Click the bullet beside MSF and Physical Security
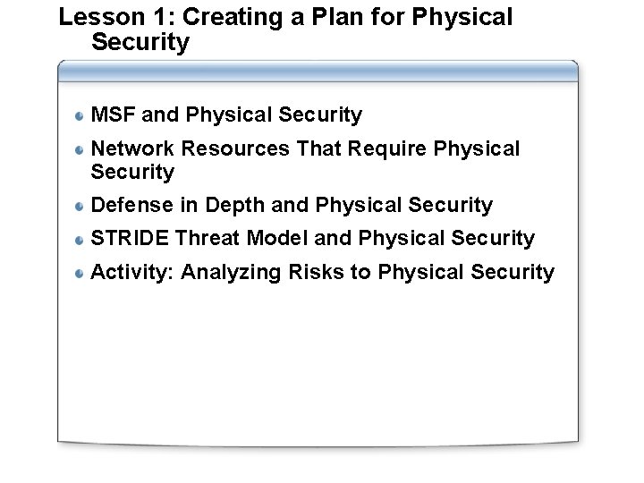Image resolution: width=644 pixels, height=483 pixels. click(80, 115)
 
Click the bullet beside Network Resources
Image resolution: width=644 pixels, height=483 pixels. click(80, 149)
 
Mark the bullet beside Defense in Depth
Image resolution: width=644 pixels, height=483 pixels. click(80, 207)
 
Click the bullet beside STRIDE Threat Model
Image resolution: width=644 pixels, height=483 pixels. click(80, 240)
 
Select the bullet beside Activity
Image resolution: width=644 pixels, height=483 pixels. click(80, 273)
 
